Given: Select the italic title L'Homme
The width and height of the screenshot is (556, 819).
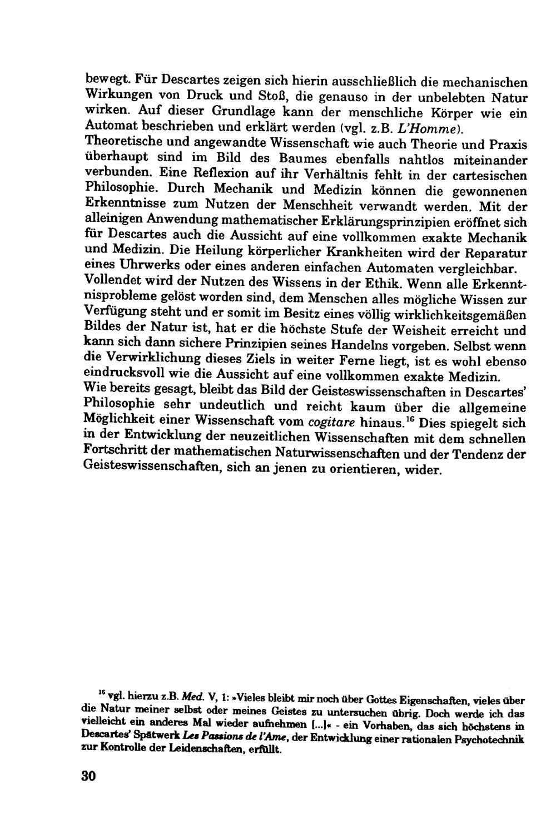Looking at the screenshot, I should coord(439,129).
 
